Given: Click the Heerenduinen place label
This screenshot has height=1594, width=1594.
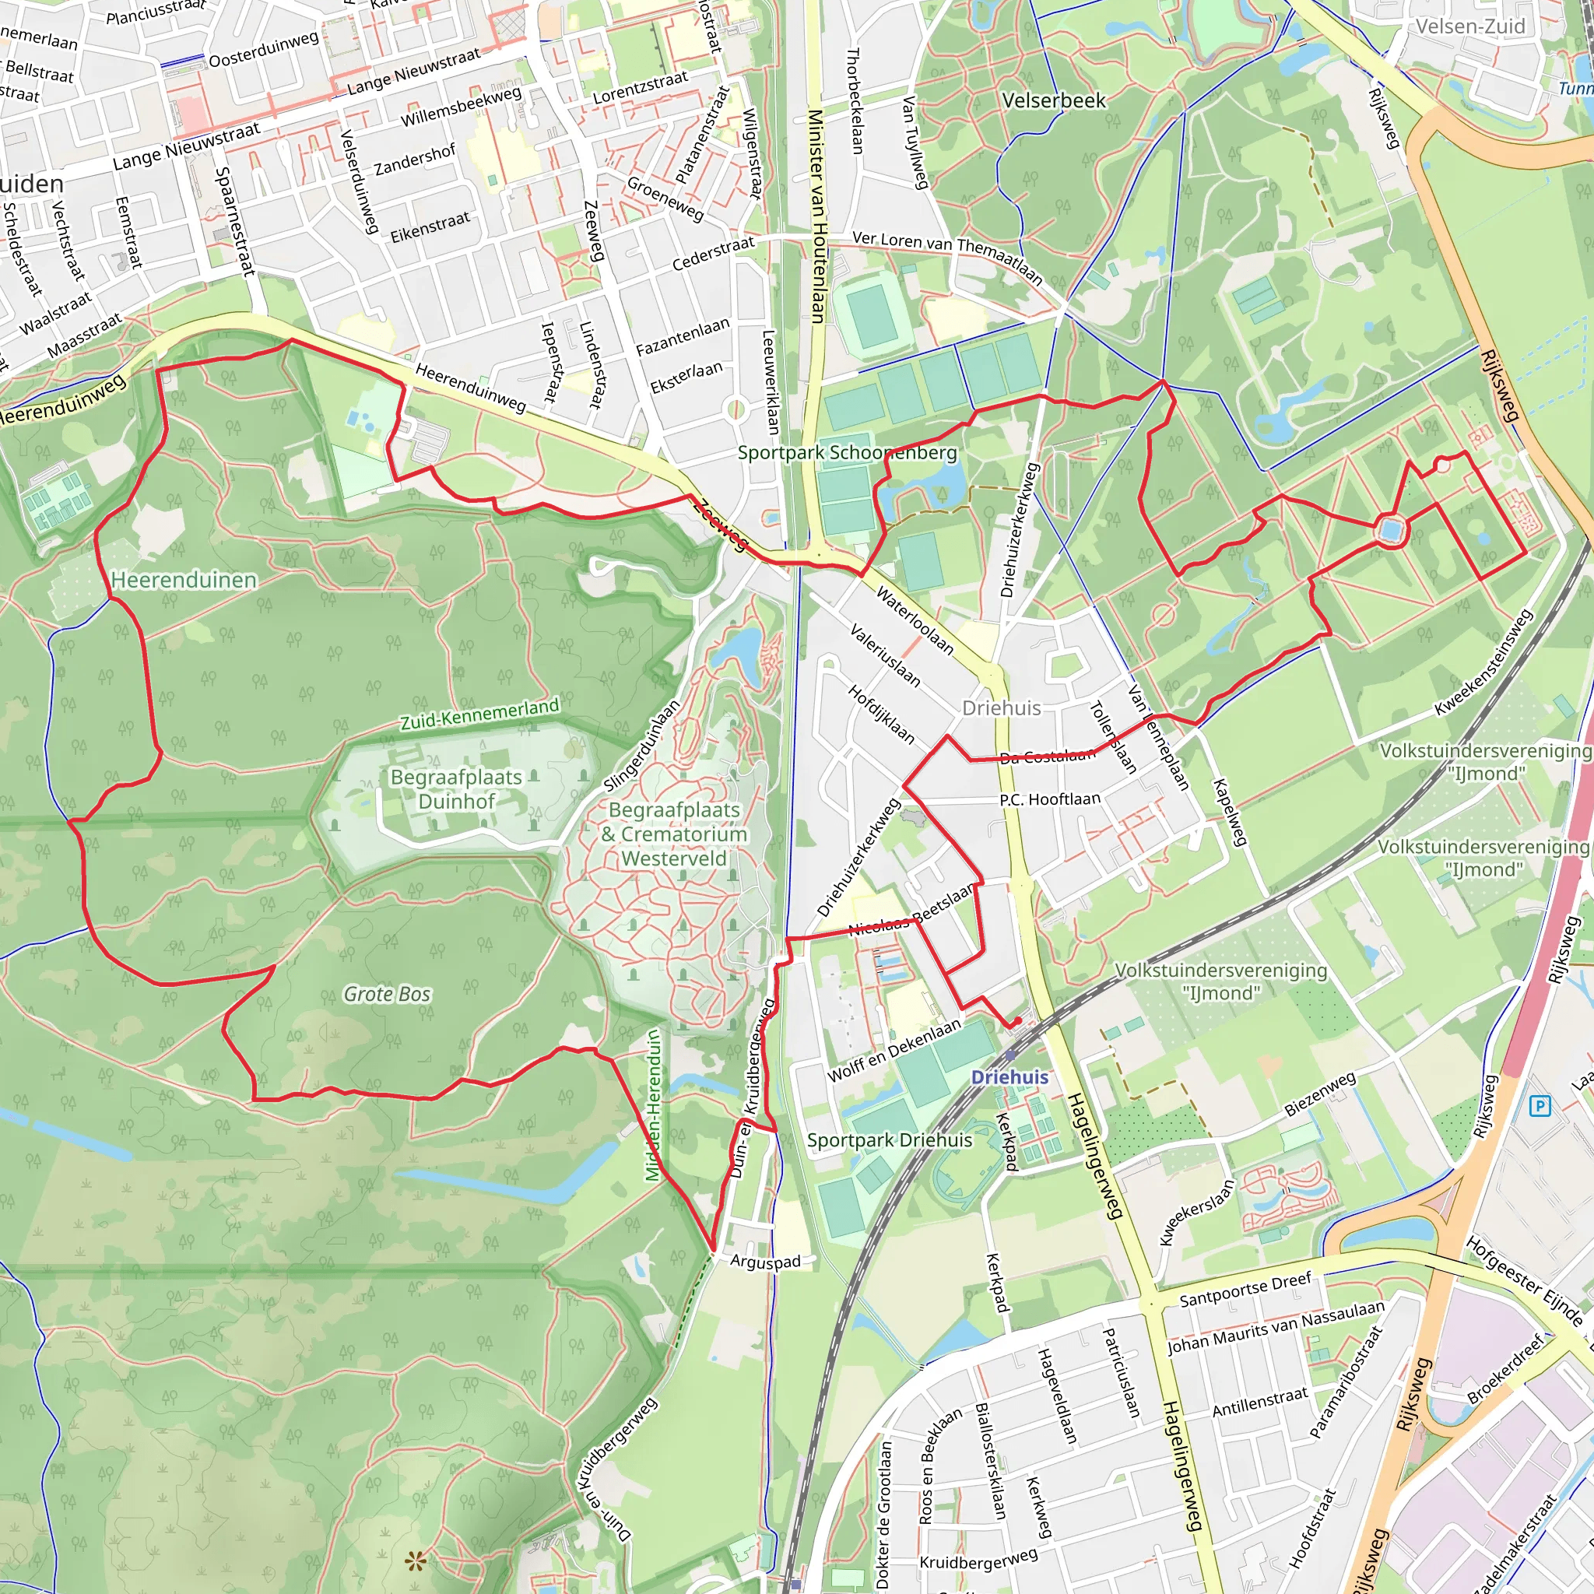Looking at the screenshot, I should (x=183, y=580).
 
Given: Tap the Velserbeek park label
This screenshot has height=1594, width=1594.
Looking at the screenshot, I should (x=1054, y=100).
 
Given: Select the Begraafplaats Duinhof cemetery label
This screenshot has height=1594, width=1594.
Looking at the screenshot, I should (x=456, y=788).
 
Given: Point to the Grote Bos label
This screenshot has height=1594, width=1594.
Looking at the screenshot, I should (x=387, y=994).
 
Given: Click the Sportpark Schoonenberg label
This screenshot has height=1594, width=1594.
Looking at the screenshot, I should (x=848, y=452).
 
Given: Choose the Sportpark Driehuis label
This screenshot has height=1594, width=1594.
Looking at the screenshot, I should (x=890, y=1140).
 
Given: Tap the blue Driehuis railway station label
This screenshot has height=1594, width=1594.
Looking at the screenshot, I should (x=1009, y=1076).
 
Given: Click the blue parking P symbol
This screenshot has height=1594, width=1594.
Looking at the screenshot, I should (x=1540, y=1105).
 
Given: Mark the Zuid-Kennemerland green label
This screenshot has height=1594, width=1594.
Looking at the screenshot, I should (x=479, y=714).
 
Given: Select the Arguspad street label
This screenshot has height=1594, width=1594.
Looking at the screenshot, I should (x=765, y=1262).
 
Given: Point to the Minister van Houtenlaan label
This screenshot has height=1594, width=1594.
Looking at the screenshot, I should (x=816, y=216).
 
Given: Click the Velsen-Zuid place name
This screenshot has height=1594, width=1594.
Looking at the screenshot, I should (x=1470, y=26).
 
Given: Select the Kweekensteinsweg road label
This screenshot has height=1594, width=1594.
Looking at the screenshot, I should (x=1483, y=663).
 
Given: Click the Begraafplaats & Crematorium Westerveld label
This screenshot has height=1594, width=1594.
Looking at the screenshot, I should (x=674, y=834).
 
